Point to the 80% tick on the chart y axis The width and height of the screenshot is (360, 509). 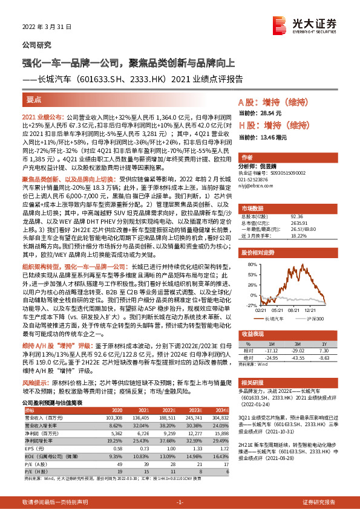(248, 247)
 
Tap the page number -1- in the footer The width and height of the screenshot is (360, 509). (180, 502)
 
